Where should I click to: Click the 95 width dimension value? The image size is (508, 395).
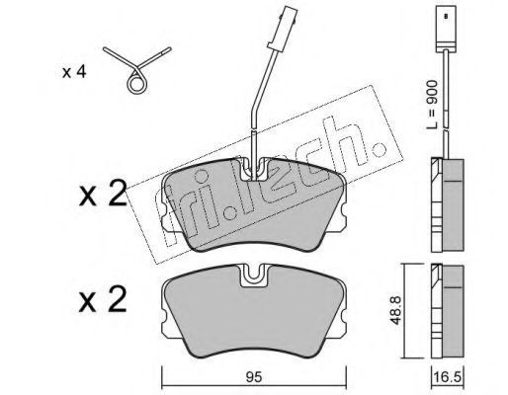tap(253, 377)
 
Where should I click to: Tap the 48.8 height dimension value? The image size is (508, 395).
tap(396, 310)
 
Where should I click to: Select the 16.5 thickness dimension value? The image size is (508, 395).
tap(447, 377)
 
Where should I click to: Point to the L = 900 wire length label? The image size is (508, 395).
tap(432, 105)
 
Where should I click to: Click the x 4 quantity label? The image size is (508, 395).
tap(74, 72)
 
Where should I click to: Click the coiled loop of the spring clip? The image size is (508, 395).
tap(136, 84)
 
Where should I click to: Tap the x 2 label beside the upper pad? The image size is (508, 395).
tap(103, 193)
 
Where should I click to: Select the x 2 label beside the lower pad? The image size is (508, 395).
tap(103, 298)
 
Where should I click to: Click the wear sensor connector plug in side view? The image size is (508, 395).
tap(446, 29)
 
